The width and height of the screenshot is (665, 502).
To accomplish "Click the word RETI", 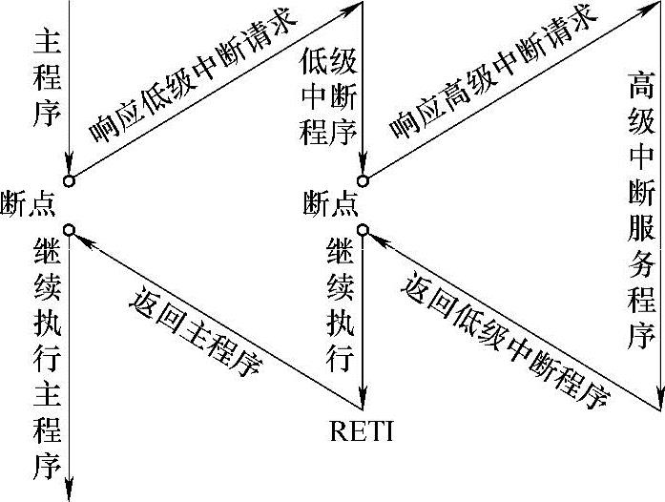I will click(362, 431).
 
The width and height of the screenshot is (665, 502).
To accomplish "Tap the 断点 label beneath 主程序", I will click(29, 202).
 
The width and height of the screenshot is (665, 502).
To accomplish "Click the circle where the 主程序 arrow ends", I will click(70, 178).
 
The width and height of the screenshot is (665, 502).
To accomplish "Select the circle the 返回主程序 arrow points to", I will click(70, 228).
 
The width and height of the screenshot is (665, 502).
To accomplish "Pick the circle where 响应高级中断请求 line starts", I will click(364, 178).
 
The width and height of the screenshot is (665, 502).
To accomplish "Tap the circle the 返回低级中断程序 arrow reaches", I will click(364, 228).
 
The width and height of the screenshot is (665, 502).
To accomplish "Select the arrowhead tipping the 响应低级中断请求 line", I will click(354, 9).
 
